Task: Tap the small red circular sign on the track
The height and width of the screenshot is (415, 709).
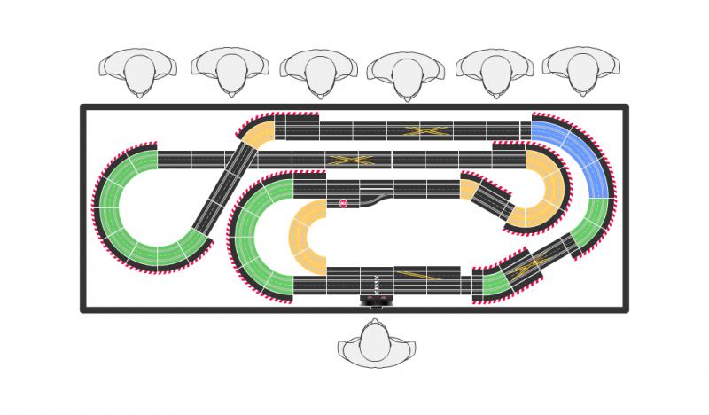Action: (x=343, y=203)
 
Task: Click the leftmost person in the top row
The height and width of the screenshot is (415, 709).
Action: (x=138, y=71)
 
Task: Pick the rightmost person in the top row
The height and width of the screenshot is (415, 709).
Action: (x=581, y=71)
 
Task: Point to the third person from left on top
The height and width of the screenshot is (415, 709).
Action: (x=318, y=73)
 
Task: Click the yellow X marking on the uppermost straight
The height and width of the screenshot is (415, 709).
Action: (x=424, y=131)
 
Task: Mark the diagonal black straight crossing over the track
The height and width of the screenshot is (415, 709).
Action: (x=222, y=186)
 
